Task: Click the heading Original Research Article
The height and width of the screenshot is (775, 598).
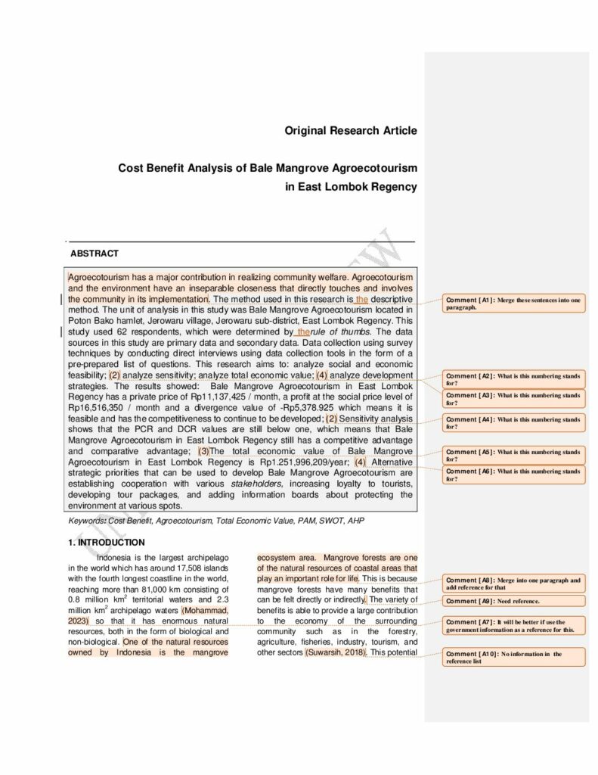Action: pos(350,131)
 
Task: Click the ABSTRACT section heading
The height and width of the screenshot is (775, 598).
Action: pos(95,254)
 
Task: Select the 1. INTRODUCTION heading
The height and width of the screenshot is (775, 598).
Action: pos(106,542)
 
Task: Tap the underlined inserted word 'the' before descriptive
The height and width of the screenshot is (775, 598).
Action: pos(362,299)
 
